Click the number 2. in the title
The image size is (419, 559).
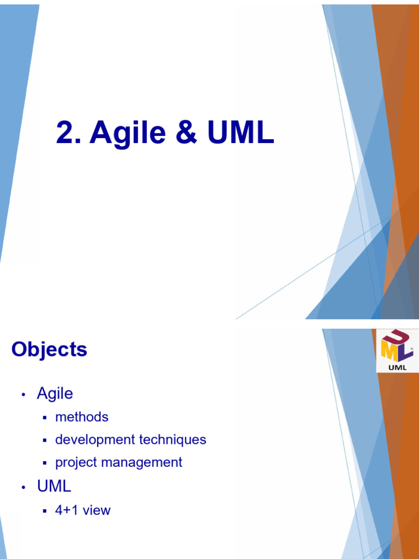point(69,133)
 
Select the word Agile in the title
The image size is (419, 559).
point(129,133)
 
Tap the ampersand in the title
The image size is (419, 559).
point(187,133)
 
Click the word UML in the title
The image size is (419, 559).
point(241,133)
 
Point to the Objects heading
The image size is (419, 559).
point(49,350)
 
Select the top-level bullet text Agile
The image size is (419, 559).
point(55,393)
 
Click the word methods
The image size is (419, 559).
point(82,417)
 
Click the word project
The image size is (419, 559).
point(76,462)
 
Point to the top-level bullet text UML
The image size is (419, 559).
point(54,486)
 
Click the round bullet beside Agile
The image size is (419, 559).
point(23,395)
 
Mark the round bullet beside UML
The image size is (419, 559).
point(23,487)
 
